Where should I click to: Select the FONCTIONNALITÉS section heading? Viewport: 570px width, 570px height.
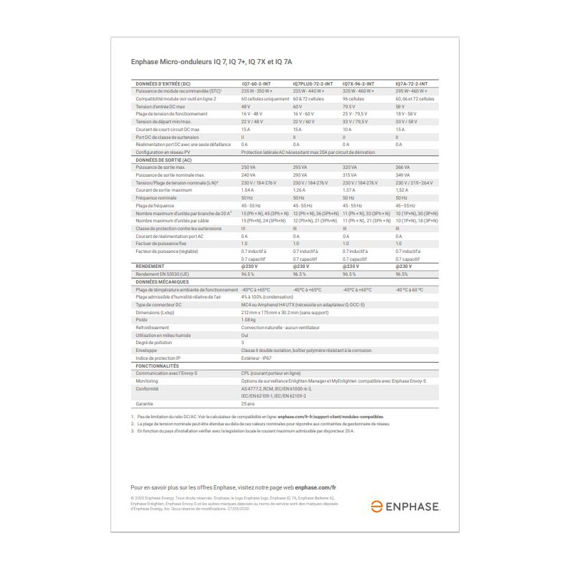[x=158, y=365]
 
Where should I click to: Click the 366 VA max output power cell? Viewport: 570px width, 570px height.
[x=404, y=167]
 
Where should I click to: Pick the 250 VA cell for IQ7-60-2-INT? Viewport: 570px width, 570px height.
[x=249, y=167]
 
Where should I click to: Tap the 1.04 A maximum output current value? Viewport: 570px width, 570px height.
[x=248, y=190]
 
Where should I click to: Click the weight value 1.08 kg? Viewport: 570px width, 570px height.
[x=249, y=320]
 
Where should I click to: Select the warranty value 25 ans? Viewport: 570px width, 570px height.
[x=248, y=404]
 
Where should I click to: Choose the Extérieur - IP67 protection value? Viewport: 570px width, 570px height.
[x=259, y=358]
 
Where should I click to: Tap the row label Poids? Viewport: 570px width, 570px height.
[x=142, y=320]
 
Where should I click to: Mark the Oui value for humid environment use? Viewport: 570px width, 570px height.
[x=245, y=335]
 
